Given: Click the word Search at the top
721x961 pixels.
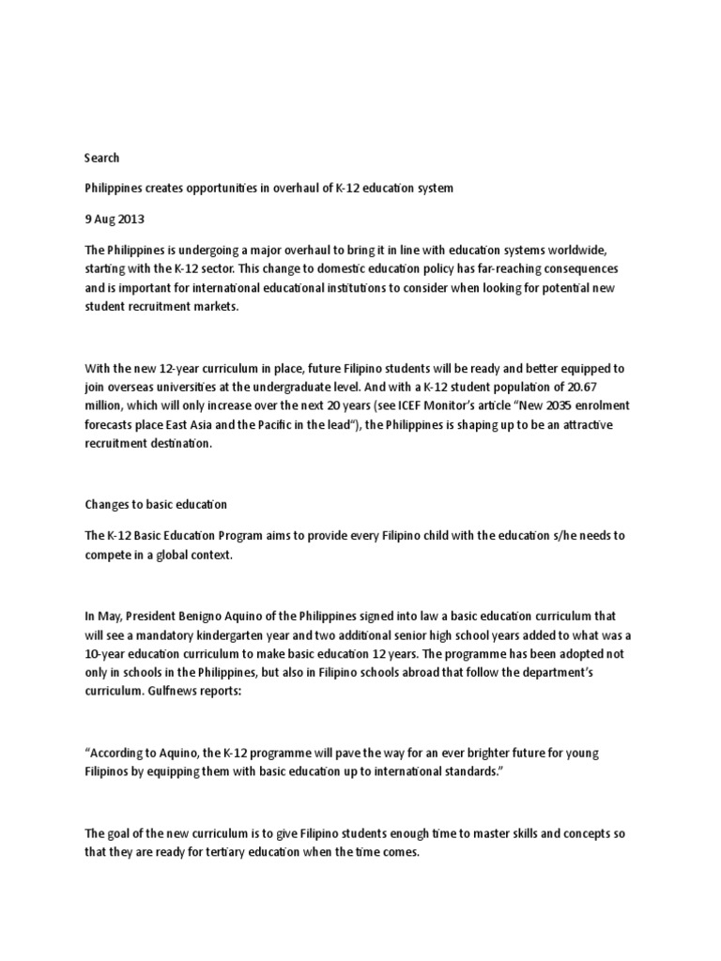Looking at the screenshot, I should coord(102,158).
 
